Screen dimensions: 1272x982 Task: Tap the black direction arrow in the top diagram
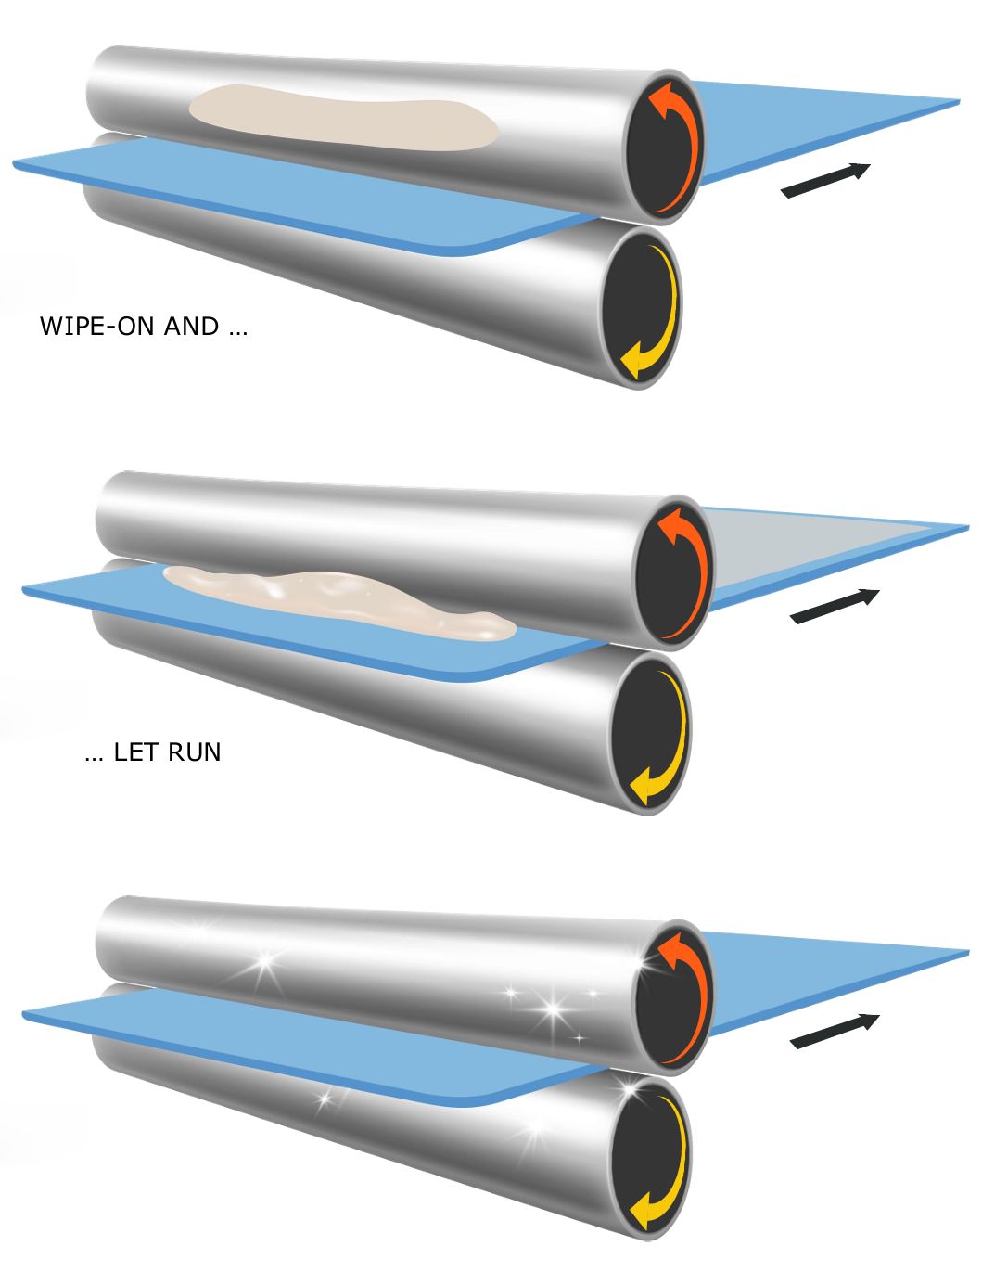coord(825,180)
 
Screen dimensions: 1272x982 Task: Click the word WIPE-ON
coord(97,327)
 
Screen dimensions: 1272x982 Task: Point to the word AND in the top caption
coord(192,327)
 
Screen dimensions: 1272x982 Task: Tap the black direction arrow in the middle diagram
coord(835,606)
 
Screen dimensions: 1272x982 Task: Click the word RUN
coord(195,752)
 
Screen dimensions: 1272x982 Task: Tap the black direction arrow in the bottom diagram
coord(835,1031)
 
